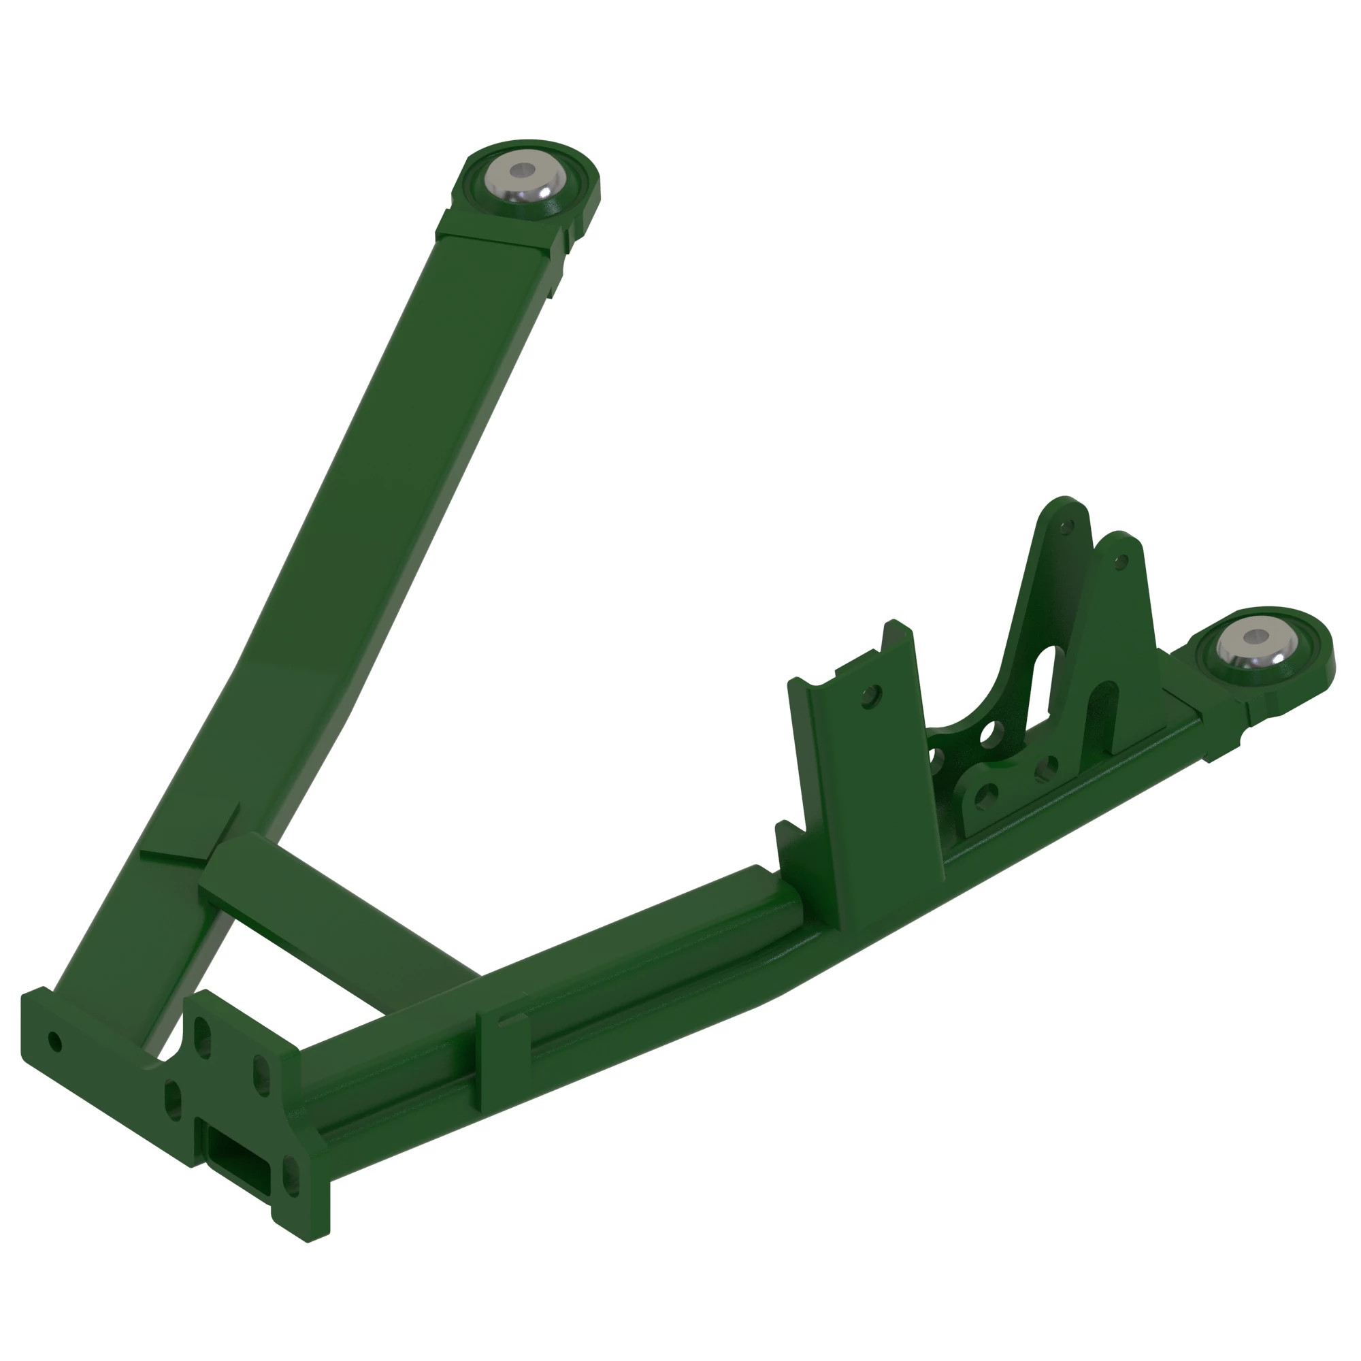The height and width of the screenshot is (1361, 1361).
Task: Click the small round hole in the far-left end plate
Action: (x=54, y=1041)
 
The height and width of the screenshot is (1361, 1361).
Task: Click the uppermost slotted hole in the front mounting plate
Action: (x=202, y=1037)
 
